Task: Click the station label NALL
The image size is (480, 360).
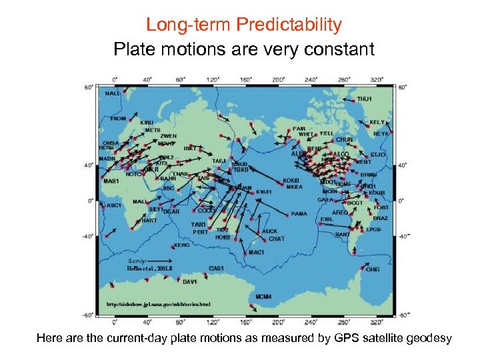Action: click(x=113, y=94)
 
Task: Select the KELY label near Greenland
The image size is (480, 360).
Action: click(x=377, y=123)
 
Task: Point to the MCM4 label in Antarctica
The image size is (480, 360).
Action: click(x=263, y=297)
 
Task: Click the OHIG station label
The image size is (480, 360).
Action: click(x=373, y=270)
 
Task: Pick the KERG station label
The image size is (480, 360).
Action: click(x=182, y=245)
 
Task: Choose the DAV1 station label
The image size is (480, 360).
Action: click(x=190, y=282)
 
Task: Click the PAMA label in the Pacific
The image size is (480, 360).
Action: click(x=299, y=214)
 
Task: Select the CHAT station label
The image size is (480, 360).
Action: click(x=276, y=239)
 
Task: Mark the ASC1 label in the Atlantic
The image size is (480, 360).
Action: click(x=114, y=205)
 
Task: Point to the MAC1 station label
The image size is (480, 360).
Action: click(x=257, y=253)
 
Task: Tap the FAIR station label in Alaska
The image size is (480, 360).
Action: click(x=300, y=129)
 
